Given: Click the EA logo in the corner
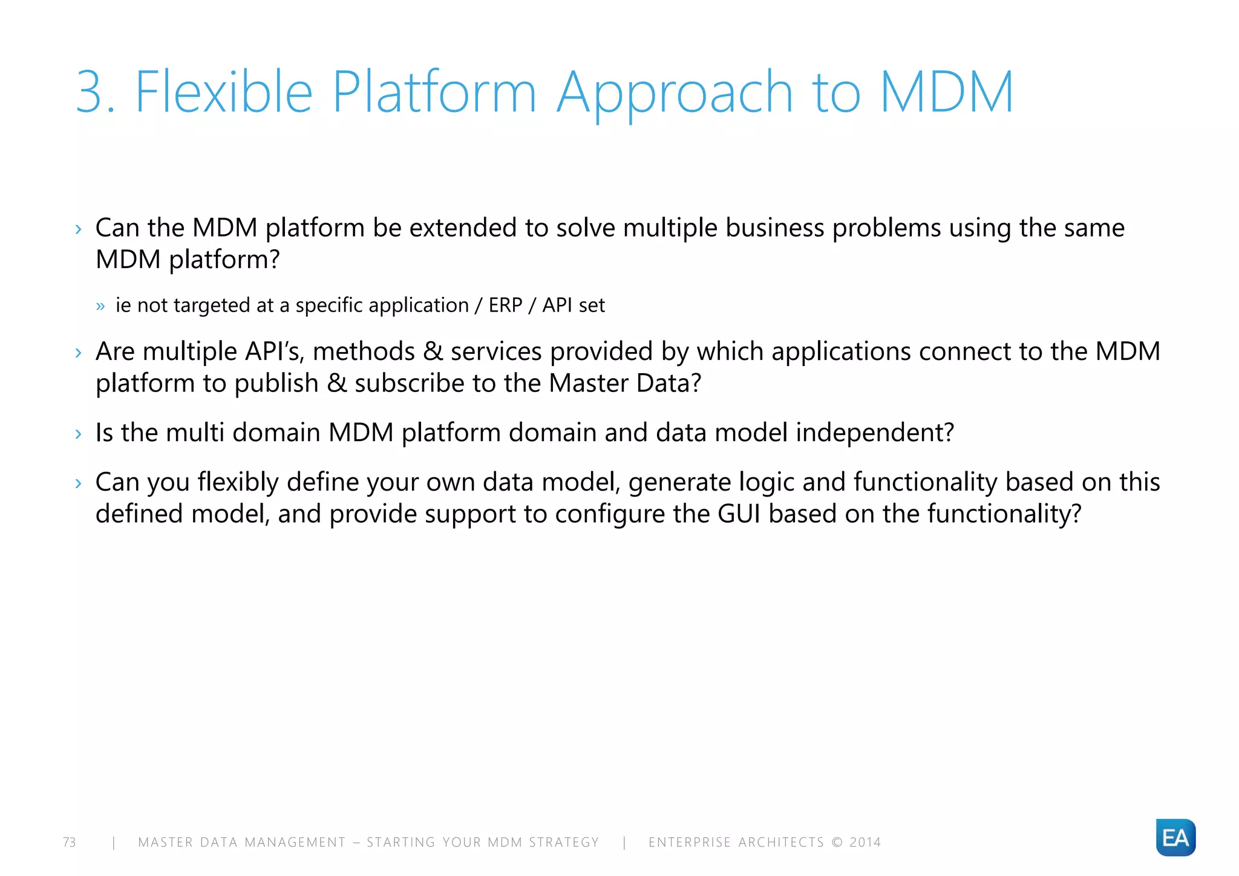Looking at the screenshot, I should pyautogui.click(x=1175, y=837).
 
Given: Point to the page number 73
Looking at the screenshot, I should pyautogui.click(x=70, y=842).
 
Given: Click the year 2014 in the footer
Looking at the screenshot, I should pyautogui.click(x=865, y=842).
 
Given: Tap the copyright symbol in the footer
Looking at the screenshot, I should pyautogui.click(x=837, y=842).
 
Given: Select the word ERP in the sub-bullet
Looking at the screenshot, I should pyautogui.click(x=505, y=305).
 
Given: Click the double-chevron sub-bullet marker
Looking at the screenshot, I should pyautogui.click(x=100, y=306).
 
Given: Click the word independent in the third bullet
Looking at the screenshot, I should pyautogui.click(x=874, y=433).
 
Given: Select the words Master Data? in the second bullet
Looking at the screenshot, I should pyautogui.click(x=625, y=383).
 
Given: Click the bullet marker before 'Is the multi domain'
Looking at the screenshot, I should pyautogui.click(x=78, y=434).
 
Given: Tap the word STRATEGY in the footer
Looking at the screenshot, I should pyautogui.click(x=564, y=842).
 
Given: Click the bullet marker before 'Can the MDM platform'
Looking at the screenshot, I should pyautogui.click(x=78, y=229).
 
